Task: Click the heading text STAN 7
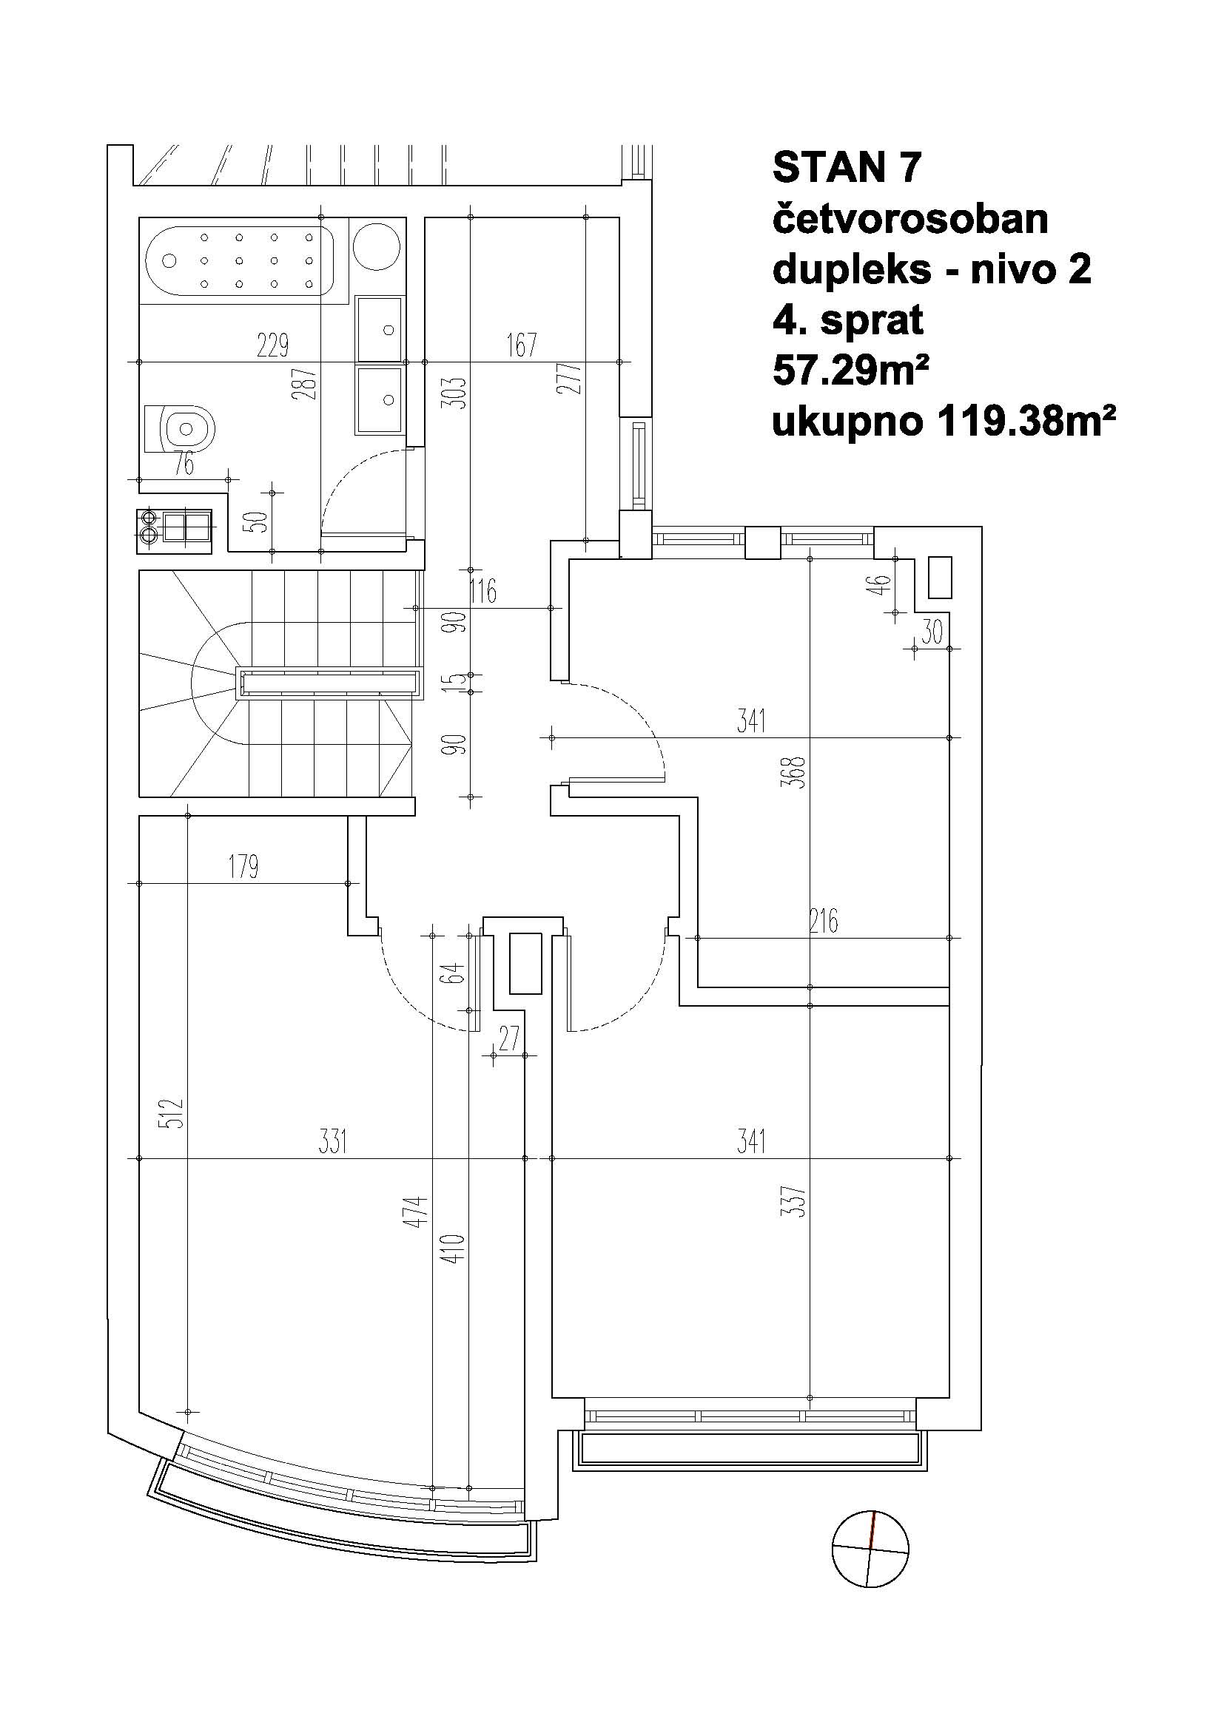point(847,167)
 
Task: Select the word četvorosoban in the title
point(909,219)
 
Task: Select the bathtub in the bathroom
point(239,260)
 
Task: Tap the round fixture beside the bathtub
point(377,245)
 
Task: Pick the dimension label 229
point(272,346)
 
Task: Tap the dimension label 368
point(797,771)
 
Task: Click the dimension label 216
point(823,921)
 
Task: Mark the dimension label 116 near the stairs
point(482,592)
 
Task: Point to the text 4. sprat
point(847,321)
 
